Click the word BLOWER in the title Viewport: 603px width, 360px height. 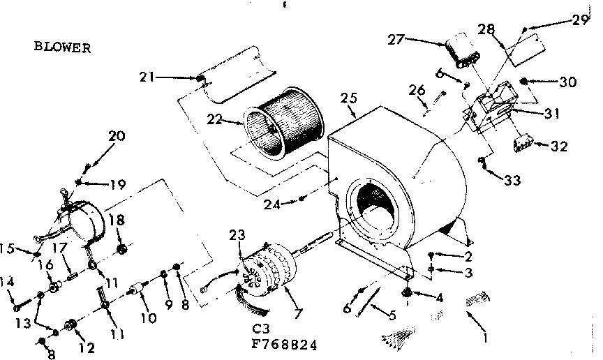pos(63,47)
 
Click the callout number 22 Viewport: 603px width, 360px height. pos(215,120)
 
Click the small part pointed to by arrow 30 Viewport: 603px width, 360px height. pos(528,80)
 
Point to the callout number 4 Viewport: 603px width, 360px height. pos(439,297)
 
